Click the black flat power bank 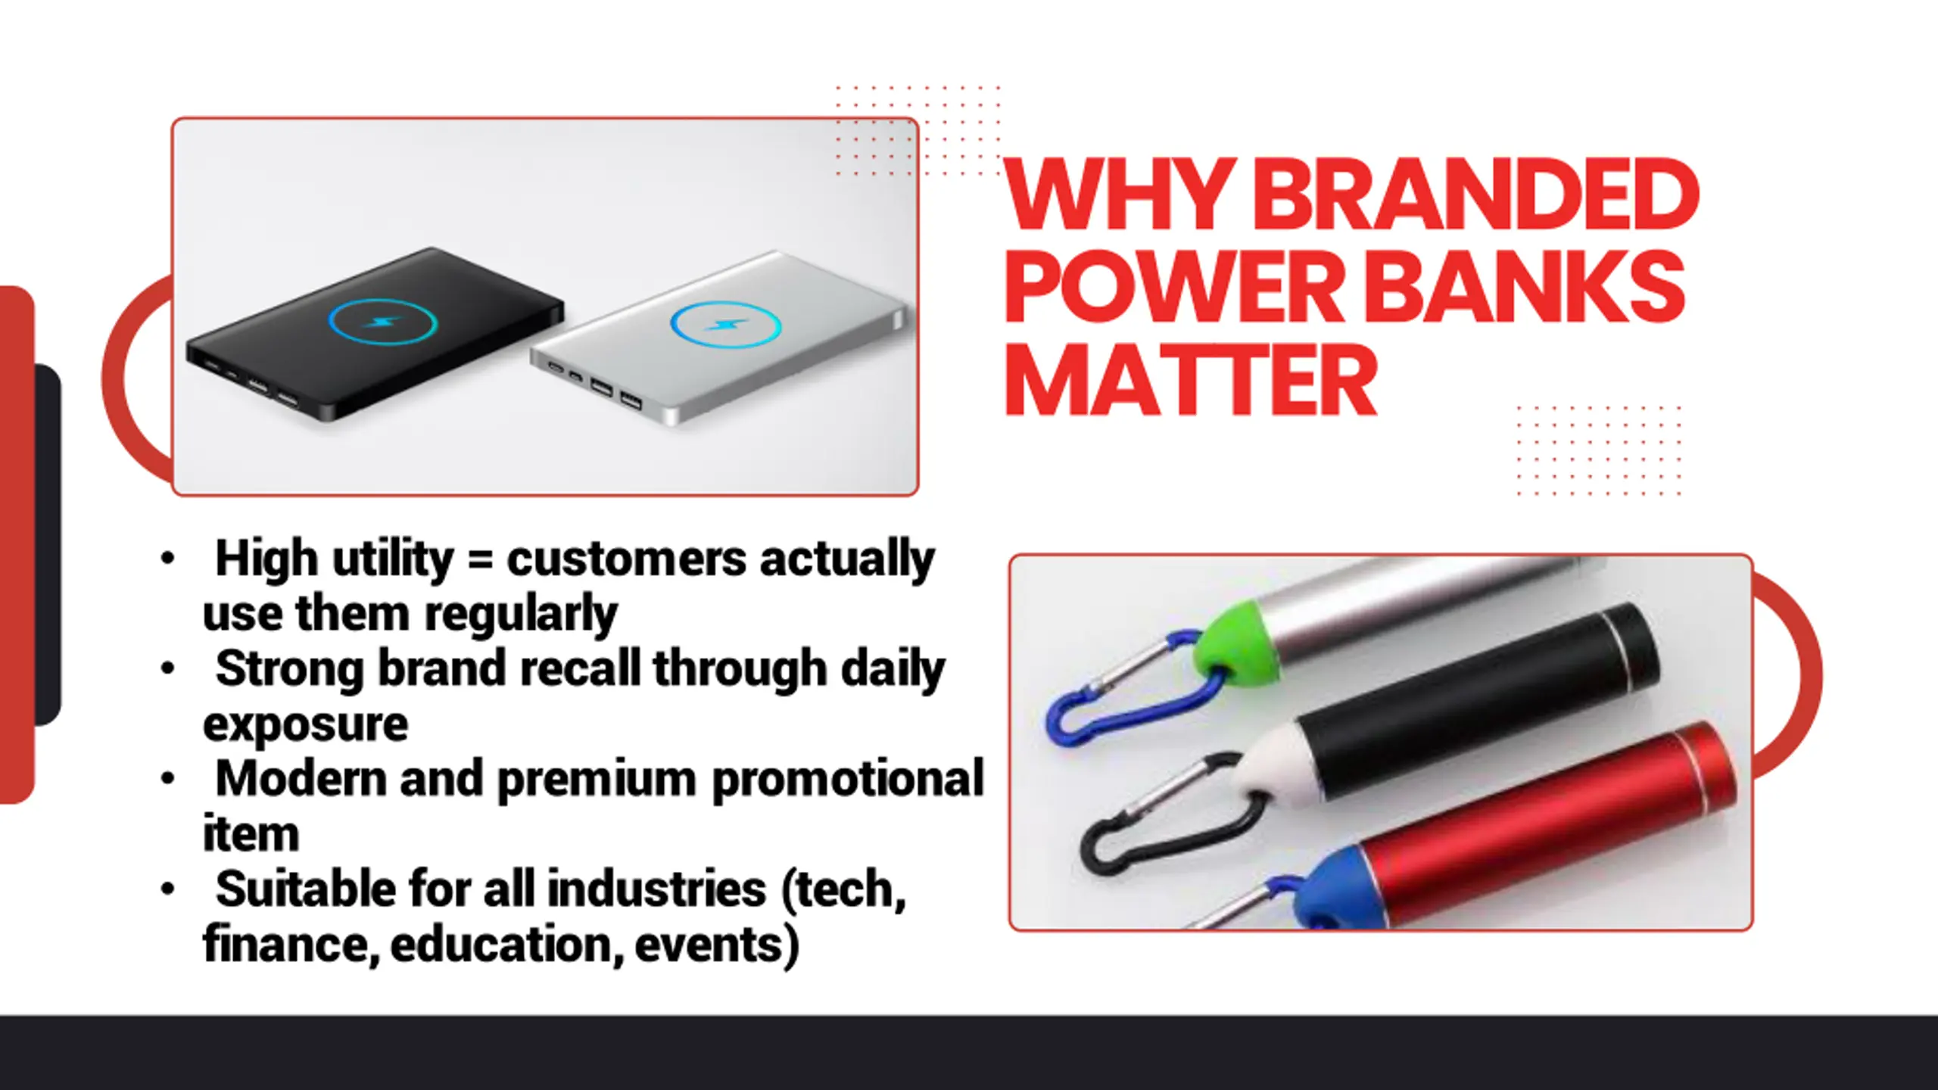tap(375, 333)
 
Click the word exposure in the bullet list tap(305, 725)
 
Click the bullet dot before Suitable tap(168, 889)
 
